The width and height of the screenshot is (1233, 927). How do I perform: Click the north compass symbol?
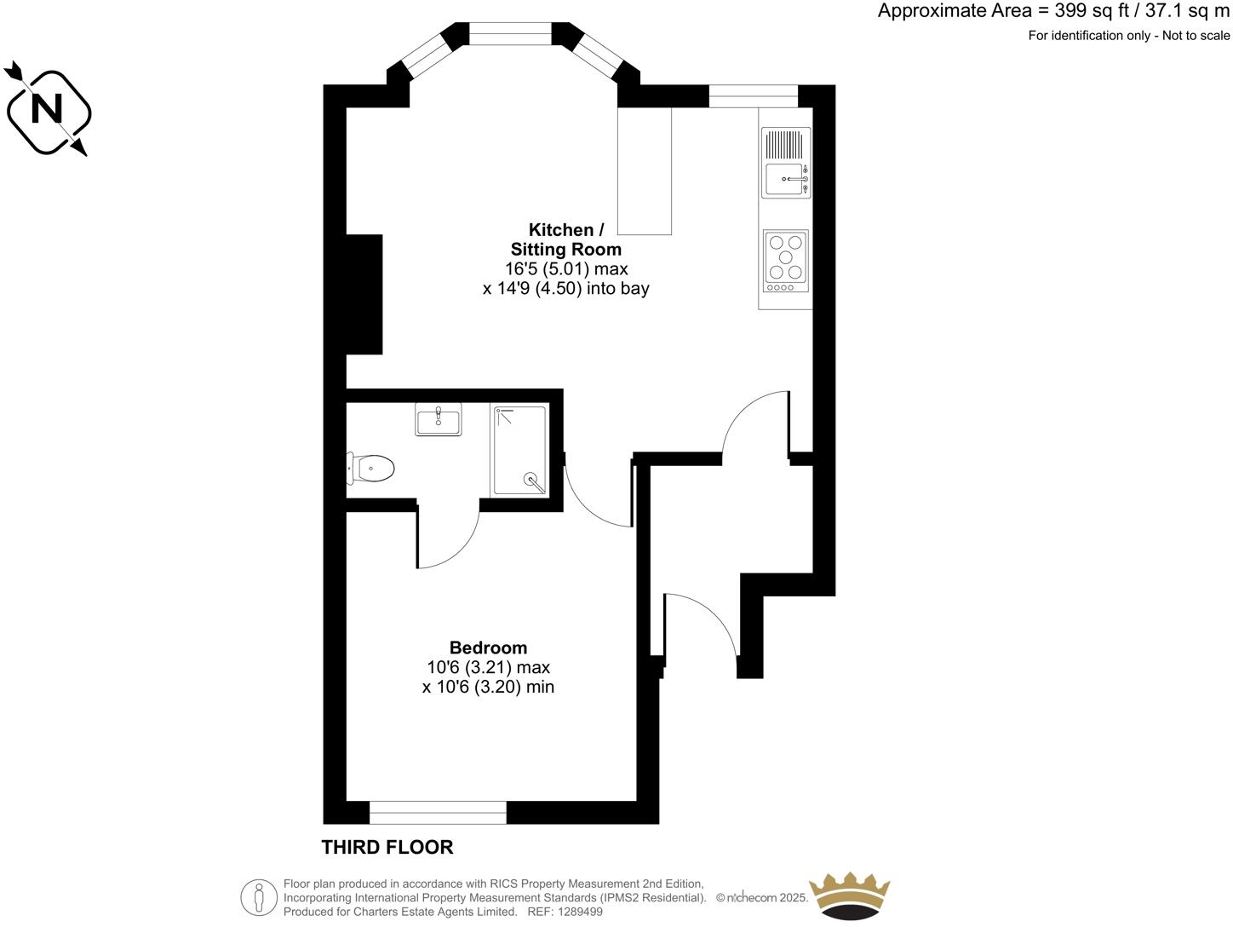(48, 111)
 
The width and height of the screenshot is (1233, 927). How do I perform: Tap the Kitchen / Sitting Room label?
(566, 239)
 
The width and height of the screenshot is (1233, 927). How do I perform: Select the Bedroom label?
(488, 648)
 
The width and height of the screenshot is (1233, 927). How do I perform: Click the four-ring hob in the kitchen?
(785, 258)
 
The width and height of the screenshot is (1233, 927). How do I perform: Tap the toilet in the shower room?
(373, 469)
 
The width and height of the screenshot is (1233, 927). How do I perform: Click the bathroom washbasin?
(439, 419)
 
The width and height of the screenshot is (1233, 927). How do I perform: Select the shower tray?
(519, 450)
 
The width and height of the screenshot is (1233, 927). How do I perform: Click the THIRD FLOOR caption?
(387, 847)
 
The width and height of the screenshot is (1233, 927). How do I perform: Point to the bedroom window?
(438, 812)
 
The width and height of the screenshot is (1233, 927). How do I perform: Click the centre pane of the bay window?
(511, 34)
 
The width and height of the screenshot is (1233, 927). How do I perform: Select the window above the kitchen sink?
(753, 96)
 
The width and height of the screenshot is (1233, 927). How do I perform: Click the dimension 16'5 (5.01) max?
(566, 269)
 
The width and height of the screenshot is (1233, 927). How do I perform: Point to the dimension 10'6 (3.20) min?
(488, 687)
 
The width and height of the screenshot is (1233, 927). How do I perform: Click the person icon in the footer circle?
(259, 898)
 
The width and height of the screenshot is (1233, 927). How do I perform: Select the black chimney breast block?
(364, 294)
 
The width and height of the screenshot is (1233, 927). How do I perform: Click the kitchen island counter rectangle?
(645, 170)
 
